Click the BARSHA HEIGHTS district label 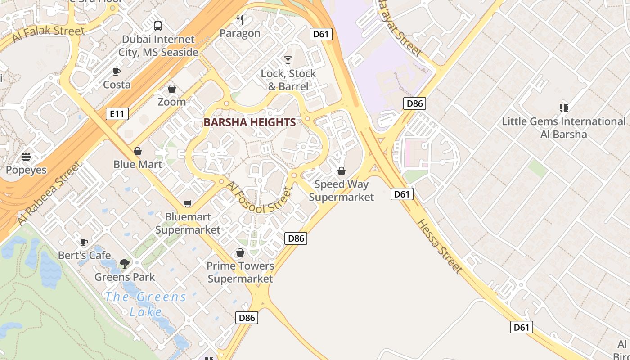pyautogui.click(x=250, y=122)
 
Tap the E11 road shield pyautogui.click(x=117, y=114)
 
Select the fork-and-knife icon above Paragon pyautogui.click(x=240, y=20)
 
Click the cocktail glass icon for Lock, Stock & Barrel pyautogui.click(x=288, y=60)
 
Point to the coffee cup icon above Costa pyautogui.click(x=116, y=72)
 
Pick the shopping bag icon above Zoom pyautogui.click(x=171, y=89)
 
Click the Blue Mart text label pyautogui.click(x=138, y=164)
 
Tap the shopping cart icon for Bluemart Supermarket pyautogui.click(x=188, y=204)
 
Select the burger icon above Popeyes pyautogui.click(x=26, y=157)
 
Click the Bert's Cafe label pyautogui.click(x=84, y=255)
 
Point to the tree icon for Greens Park pyautogui.click(x=125, y=264)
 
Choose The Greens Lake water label pyautogui.click(x=145, y=304)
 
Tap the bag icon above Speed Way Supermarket pyautogui.click(x=341, y=171)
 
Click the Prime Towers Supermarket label pyautogui.click(x=240, y=272)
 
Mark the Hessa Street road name pyautogui.click(x=439, y=246)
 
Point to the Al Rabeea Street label pyautogui.click(x=49, y=193)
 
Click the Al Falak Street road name pyautogui.click(x=48, y=34)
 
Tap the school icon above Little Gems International pyautogui.click(x=563, y=108)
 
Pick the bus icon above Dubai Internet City pyautogui.click(x=158, y=26)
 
